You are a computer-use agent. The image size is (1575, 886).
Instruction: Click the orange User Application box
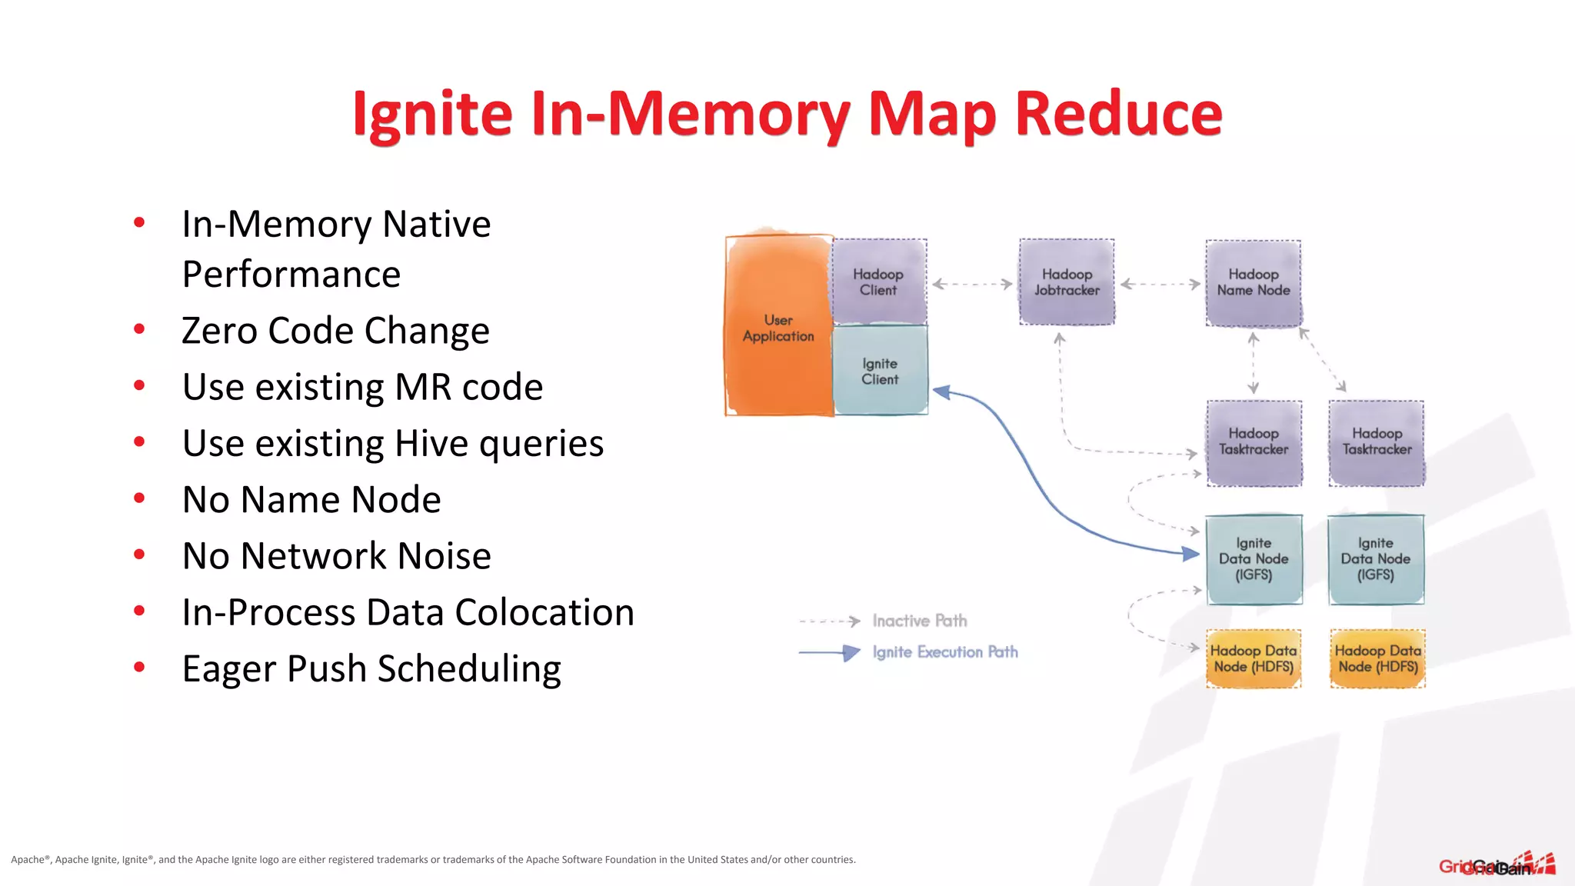pos(778,327)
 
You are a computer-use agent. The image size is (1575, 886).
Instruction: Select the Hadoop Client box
pos(879,281)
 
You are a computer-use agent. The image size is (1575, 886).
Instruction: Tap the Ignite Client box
pos(880,371)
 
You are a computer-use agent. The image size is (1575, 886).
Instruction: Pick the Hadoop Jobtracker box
pos(1067,281)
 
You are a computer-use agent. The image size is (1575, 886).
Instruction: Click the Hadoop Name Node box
pos(1254,282)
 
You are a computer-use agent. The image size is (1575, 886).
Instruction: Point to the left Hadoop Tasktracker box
pos(1254,442)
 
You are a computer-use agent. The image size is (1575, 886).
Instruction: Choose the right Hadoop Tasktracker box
pos(1377,442)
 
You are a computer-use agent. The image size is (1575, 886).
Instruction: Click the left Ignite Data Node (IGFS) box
pos(1254,559)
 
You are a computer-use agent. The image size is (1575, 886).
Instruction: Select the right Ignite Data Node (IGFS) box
pos(1376,559)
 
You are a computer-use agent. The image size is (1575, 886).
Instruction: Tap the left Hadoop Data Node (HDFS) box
pos(1254,658)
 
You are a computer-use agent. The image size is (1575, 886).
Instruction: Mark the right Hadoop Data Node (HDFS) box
pos(1377,658)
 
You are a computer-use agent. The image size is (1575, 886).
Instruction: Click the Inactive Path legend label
pos(920,621)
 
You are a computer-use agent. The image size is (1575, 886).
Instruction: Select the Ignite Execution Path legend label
pos(945,652)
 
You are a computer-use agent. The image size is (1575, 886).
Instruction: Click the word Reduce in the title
pos(1118,114)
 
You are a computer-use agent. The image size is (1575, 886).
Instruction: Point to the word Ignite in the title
pos(432,114)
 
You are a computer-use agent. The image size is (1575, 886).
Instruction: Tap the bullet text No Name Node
pos(311,499)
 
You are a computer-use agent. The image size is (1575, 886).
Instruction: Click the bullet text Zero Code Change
pos(335,331)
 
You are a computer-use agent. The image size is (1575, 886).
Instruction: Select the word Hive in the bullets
pos(433,443)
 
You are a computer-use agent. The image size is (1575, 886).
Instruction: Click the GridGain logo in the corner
pos(1497,864)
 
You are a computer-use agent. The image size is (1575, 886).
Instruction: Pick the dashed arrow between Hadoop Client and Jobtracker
pos(973,284)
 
